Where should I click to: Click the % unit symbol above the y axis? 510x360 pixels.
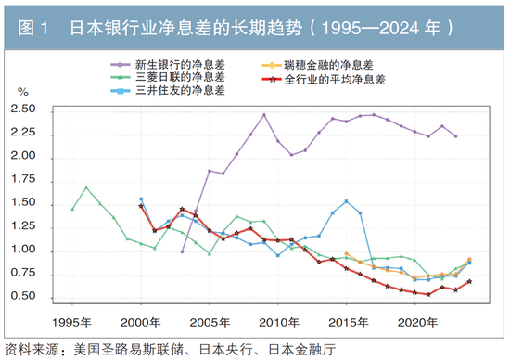(x=24, y=93)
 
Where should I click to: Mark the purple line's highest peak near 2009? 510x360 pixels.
(x=264, y=115)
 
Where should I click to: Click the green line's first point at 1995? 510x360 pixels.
(x=72, y=209)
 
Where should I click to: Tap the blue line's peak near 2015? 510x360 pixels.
(x=346, y=201)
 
